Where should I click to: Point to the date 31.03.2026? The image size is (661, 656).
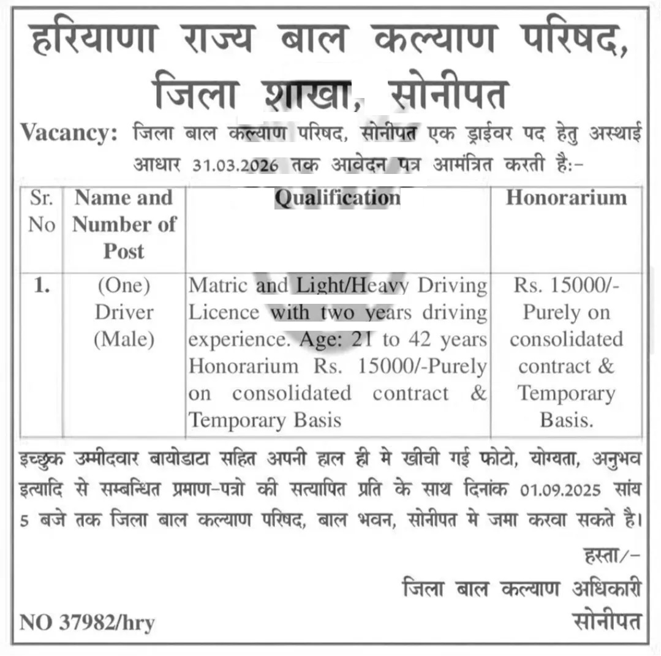(x=235, y=165)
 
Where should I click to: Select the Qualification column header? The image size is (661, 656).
(x=337, y=198)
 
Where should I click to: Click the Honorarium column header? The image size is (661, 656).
(x=566, y=198)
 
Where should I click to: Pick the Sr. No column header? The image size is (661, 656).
(x=42, y=211)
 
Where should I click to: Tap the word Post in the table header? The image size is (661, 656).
(x=124, y=251)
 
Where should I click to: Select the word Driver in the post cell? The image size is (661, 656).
(x=124, y=312)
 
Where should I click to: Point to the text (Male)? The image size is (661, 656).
(x=124, y=339)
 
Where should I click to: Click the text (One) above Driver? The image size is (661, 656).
(x=124, y=286)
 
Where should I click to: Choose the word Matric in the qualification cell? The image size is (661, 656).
(x=218, y=286)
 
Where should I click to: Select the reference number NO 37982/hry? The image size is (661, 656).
(x=87, y=623)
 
